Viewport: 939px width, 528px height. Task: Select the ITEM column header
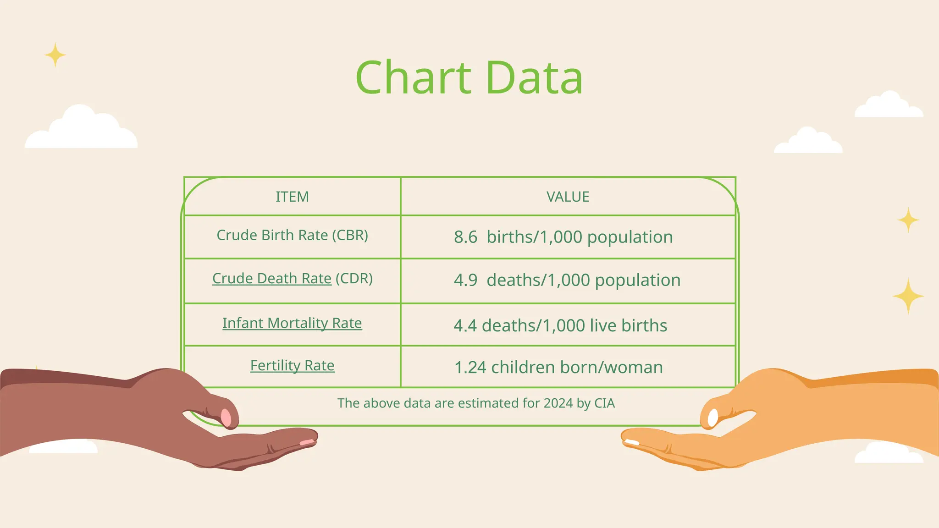coord(292,197)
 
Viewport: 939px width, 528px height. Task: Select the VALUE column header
coord(568,197)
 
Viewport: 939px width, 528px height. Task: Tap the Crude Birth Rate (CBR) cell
coord(292,235)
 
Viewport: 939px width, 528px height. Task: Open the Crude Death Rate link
coord(271,278)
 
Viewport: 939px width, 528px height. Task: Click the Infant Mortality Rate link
coord(292,323)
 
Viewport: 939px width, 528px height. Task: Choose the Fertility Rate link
coord(292,365)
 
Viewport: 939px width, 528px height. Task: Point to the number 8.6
coord(465,237)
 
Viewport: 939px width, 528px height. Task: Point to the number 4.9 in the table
coord(465,280)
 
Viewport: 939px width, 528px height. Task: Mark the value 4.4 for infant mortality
coord(465,325)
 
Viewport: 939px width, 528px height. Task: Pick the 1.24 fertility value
coord(469,367)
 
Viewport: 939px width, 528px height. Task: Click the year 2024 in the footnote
coord(558,403)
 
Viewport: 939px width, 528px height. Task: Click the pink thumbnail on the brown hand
coord(226,417)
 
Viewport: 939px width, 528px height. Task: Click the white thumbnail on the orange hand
coord(713,417)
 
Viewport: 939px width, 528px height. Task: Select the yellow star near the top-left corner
coord(55,55)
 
